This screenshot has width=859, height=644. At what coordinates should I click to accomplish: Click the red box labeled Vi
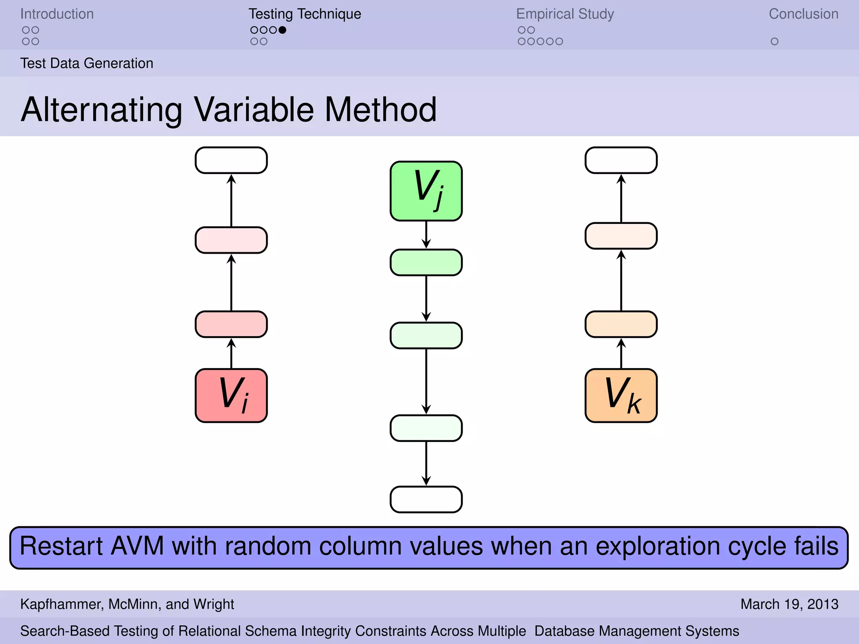pyautogui.click(x=231, y=395)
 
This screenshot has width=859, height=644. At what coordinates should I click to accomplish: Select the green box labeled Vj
pyautogui.click(x=426, y=191)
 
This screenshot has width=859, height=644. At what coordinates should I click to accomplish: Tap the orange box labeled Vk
pyautogui.click(x=621, y=395)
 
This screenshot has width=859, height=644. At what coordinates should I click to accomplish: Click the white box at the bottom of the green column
pyautogui.click(x=426, y=499)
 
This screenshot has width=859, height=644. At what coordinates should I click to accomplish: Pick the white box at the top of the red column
pyautogui.click(x=231, y=160)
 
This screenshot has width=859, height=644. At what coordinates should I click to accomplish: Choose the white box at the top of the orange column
pyautogui.click(x=621, y=160)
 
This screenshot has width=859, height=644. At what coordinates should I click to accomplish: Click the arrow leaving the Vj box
pyautogui.click(x=426, y=235)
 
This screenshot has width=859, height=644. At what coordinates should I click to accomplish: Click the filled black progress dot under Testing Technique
pyautogui.click(x=282, y=30)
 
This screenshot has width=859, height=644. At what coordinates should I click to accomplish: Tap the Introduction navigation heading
pyautogui.click(x=57, y=14)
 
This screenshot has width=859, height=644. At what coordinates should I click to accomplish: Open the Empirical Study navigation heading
pyautogui.click(x=565, y=14)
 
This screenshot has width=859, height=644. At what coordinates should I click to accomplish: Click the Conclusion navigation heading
pyautogui.click(x=803, y=14)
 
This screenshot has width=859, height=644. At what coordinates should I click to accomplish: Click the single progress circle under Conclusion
pyautogui.click(x=774, y=42)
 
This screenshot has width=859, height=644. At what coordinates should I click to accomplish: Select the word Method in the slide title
pyautogui.click(x=380, y=109)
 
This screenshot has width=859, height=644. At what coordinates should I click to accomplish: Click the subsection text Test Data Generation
pyautogui.click(x=87, y=63)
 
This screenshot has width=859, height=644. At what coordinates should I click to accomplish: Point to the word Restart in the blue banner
pyautogui.click(x=61, y=546)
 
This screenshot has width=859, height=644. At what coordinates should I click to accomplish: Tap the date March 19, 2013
pyautogui.click(x=789, y=604)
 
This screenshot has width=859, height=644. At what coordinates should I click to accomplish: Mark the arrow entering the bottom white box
pyautogui.click(x=426, y=463)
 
